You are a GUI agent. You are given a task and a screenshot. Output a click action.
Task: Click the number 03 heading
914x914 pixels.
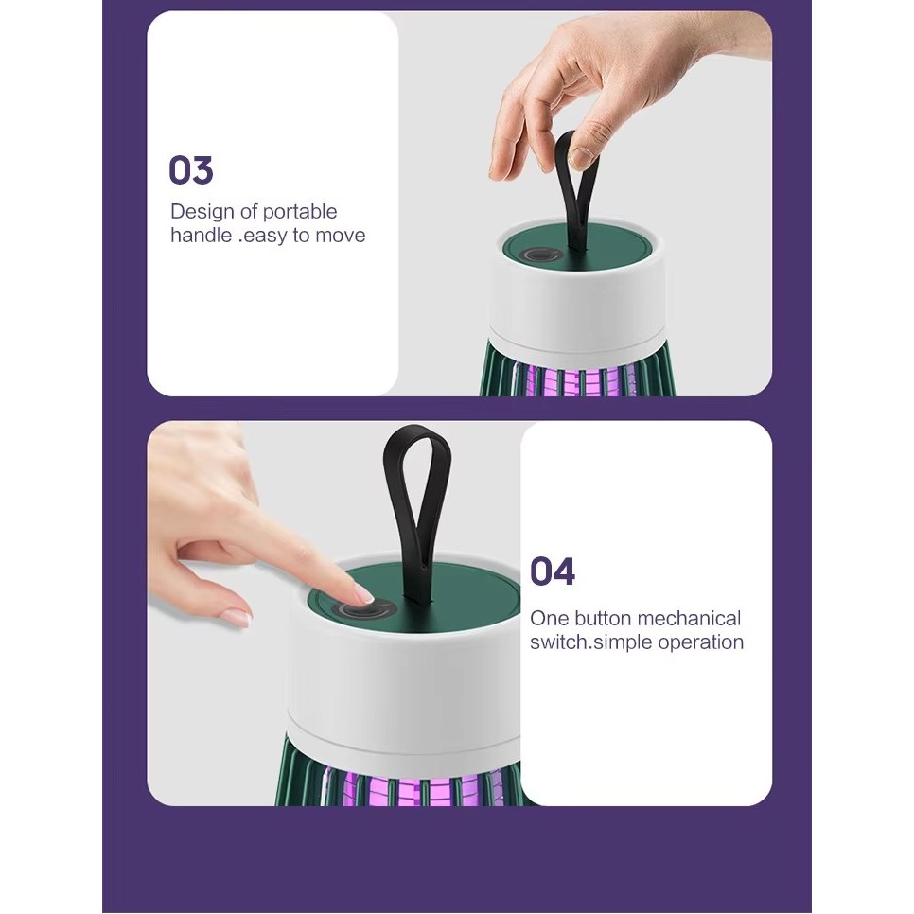(190, 169)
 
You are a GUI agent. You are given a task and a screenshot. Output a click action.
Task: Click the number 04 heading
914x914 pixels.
(553, 571)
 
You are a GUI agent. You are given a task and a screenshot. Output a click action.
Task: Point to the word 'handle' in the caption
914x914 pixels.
(202, 235)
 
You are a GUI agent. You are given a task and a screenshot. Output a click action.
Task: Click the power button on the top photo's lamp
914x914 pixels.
(541, 255)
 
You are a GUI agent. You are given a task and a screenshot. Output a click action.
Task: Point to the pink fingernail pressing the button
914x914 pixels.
(363, 594)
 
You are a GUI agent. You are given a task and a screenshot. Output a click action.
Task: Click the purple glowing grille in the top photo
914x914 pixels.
(577, 378)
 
